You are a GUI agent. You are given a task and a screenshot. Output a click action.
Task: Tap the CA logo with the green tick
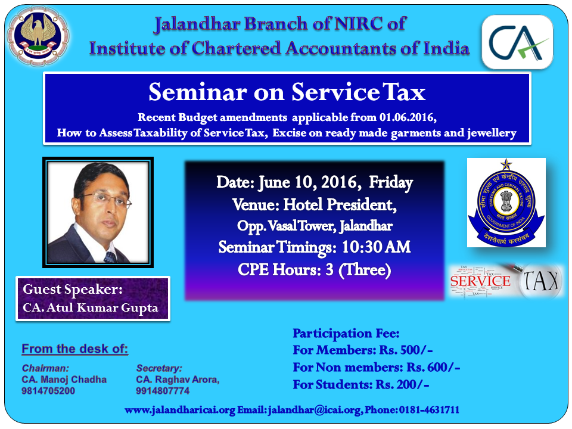518,42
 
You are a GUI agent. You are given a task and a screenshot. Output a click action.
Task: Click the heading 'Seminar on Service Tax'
287,92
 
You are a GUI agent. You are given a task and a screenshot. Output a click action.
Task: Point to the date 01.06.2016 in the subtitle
407,117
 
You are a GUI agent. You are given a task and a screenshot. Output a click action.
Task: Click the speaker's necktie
111,257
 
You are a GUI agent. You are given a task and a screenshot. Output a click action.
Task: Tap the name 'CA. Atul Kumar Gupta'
91,307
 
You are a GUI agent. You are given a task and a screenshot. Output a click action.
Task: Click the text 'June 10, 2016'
307,182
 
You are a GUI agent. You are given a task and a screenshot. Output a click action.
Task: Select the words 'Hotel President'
338,204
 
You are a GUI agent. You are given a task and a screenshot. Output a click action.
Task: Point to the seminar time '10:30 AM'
376,247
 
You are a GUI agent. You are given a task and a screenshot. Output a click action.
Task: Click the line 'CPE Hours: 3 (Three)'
315,270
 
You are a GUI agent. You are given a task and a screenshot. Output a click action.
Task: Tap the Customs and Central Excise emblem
506,203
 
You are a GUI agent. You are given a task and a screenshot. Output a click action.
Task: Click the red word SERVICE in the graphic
480,281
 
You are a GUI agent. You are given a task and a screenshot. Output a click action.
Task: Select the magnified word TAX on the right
541,281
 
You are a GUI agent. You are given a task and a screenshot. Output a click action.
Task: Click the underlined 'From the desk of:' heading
75,349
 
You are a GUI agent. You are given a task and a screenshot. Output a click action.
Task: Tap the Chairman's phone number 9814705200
48,391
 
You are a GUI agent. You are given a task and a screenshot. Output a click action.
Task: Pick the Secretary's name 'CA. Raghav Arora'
178,380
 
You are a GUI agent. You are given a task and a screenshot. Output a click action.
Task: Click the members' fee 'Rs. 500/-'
406,350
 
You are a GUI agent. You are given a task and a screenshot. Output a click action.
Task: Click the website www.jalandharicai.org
180,410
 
